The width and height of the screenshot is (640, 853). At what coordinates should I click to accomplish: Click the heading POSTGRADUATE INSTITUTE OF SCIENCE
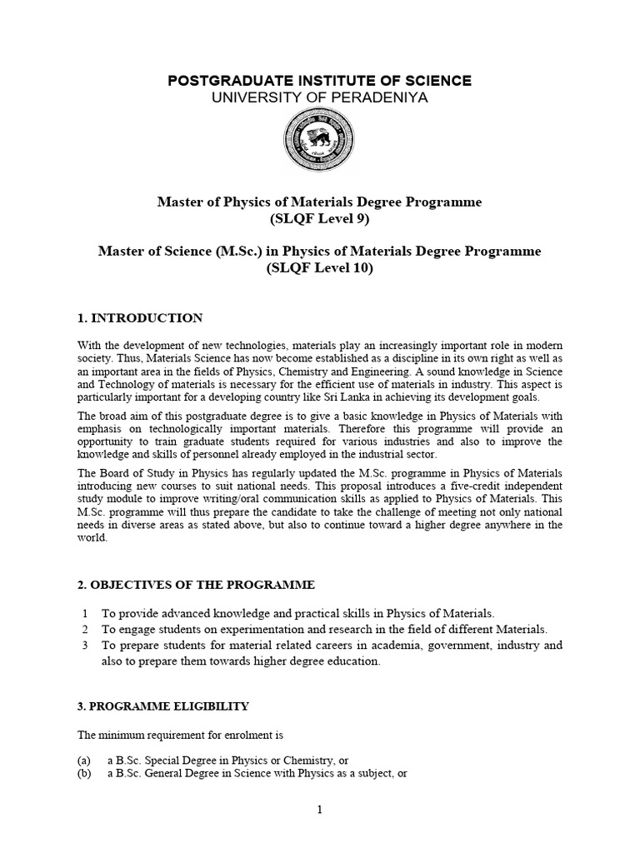tap(320, 81)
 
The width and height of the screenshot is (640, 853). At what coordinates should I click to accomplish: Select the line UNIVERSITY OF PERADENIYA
tap(320, 97)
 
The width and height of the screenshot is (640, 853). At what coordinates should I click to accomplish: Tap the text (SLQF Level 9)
tap(319, 219)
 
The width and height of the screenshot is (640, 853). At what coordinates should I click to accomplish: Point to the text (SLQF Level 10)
tap(319, 268)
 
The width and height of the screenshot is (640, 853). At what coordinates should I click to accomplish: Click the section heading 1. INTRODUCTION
tap(140, 317)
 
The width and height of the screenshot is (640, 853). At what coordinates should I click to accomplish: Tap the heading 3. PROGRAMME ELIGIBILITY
tap(163, 706)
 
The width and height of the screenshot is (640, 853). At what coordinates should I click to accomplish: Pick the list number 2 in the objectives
tap(85, 629)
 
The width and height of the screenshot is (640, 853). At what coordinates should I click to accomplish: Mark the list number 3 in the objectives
tap(85, 646)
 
